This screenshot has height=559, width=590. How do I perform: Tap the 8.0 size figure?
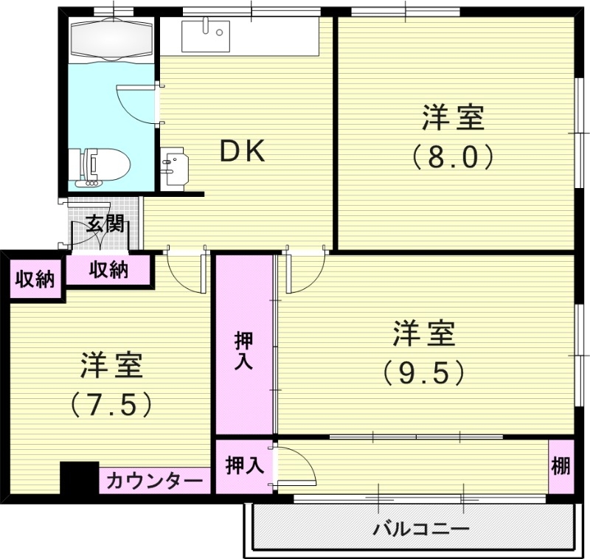pos(452,156)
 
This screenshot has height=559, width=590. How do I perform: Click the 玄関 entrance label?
pos(103,223)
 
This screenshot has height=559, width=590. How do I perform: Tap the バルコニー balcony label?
pos(420,529)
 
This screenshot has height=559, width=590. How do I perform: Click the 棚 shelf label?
pos(561,466)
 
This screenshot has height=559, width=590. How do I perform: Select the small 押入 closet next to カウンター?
pos(243,466)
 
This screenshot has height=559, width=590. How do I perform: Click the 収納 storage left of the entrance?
pos(35,279)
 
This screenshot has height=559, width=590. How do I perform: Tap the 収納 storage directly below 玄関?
pos(109,271)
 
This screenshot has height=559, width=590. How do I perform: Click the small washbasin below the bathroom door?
pos(175,168)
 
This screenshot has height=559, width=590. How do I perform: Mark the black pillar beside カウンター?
pos(79,479)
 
